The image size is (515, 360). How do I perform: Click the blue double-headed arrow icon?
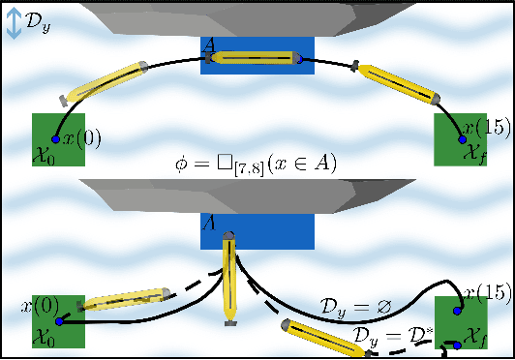coord(14,24)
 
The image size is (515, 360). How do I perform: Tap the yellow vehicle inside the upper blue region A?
coord(257,59)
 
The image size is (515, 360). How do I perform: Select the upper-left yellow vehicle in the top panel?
coord(105,82)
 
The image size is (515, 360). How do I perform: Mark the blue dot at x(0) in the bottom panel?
coord(57,320)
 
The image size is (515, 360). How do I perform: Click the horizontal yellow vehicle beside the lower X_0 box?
coord(115,303)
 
